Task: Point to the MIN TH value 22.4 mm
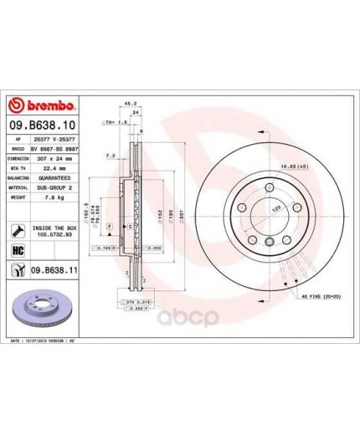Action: coord(49,167)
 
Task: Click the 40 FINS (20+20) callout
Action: coord(313,295)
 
